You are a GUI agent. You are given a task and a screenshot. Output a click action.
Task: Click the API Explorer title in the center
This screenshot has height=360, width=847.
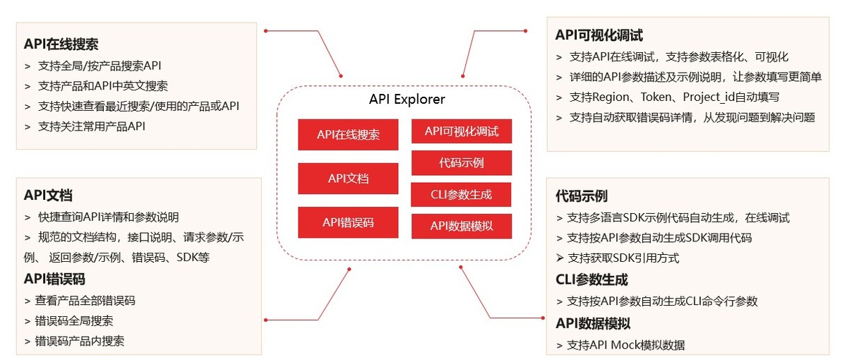[407, 99]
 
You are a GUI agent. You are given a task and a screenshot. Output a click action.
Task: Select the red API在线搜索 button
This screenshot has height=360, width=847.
[348, 135]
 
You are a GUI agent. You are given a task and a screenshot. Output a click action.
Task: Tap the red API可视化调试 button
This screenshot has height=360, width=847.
[462, 131]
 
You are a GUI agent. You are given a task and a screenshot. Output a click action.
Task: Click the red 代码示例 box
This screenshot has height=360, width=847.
[462, 163]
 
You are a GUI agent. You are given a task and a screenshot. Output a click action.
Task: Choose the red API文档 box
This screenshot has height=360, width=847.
[348, 179]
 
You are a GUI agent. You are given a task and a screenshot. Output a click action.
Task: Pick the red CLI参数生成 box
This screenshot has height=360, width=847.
[461, 194]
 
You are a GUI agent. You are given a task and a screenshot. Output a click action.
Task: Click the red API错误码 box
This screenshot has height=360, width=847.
[348, 222]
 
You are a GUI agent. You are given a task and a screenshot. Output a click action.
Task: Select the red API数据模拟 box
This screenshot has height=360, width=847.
[462, 226]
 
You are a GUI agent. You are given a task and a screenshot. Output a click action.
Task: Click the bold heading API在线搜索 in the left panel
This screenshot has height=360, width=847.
[61, 44]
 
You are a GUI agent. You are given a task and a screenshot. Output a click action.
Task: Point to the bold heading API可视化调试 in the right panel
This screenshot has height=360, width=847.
[599, 35]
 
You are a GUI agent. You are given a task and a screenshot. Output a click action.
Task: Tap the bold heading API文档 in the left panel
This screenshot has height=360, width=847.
[48, 196]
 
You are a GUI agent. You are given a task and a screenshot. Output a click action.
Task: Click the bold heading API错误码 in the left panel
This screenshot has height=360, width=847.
[54, 279]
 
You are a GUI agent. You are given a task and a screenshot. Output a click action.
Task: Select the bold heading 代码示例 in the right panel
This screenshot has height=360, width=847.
[582, 196]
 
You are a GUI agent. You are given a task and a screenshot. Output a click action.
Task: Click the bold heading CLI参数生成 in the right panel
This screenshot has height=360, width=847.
[591, 280]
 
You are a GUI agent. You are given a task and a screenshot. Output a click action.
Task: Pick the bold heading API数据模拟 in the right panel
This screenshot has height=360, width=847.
[593, 324]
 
